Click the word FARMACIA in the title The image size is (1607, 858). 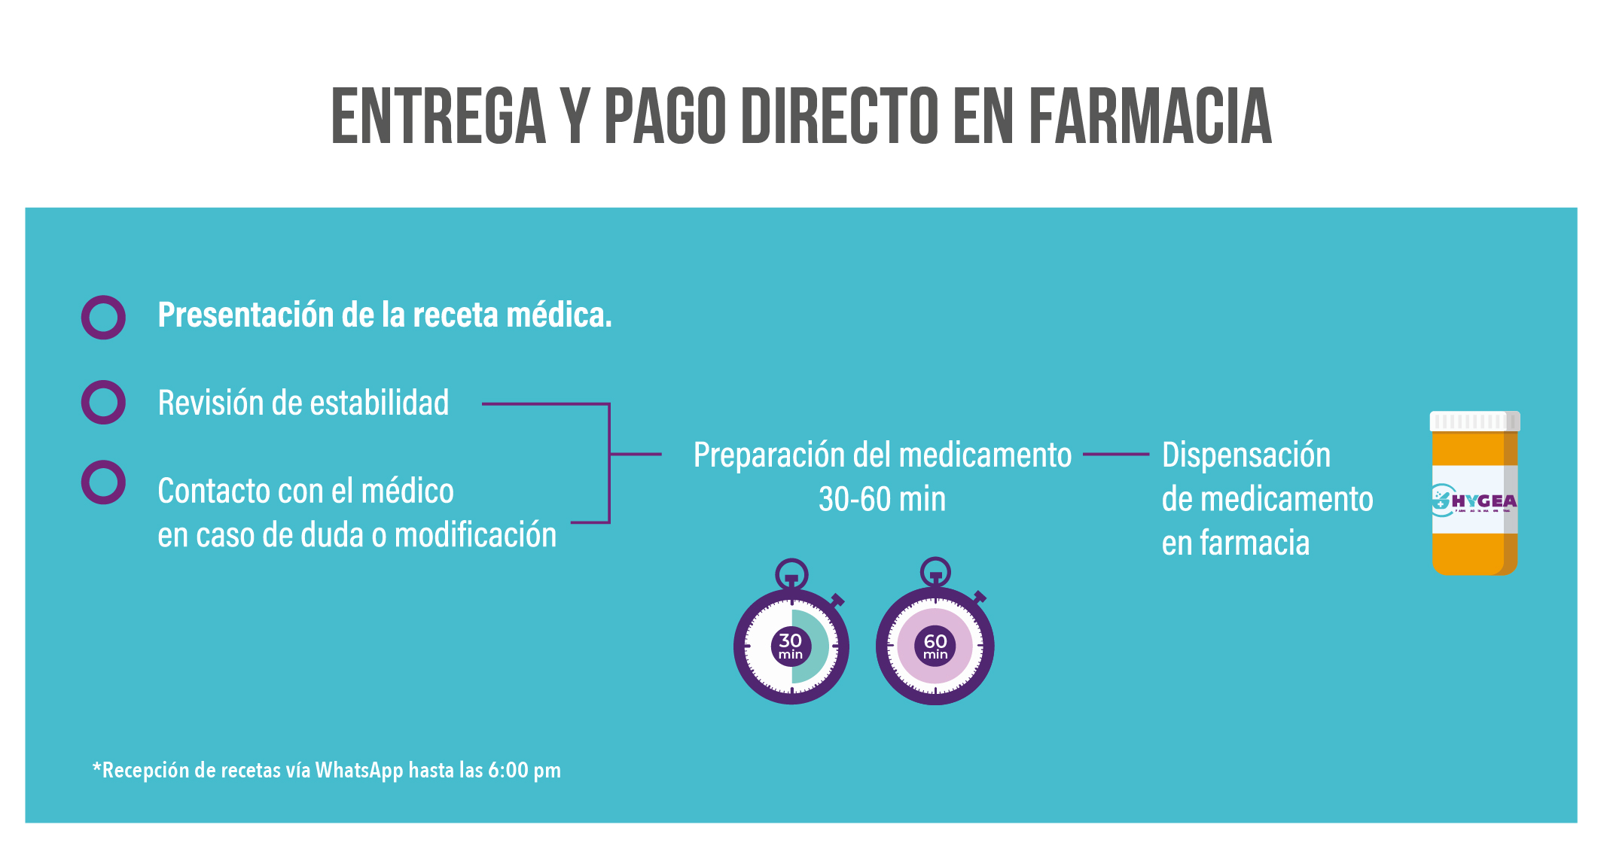point(1150,116)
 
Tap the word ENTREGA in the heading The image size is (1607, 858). point(438,116)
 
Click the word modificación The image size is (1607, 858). point(475,535)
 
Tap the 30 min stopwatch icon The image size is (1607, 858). point(791,632)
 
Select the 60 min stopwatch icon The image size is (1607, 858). point(935,632)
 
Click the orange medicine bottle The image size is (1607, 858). point(1474,494)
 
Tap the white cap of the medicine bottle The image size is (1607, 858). point(1474,421)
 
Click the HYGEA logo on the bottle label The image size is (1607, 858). point(1474,500)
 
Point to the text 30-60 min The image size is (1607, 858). point(882,499)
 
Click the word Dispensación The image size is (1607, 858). point(1246,455)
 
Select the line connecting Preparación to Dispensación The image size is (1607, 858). point(1116,455)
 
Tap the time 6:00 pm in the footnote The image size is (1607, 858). point(524,771)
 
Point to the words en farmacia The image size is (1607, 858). point(1236,543)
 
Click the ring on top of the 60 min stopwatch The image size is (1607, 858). point(935,559)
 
